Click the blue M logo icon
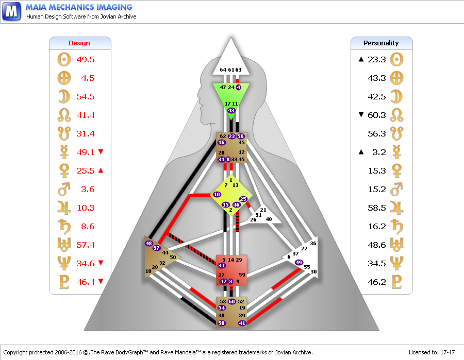pyautogui.click(x=11, y=11)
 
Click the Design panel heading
pyautogui.click(x=79, y=43)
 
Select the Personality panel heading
pyautogui.click(x=381, y=43)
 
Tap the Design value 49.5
pyautogui.click(x=86, y=59)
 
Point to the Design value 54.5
pyautogui.click(x=86, y=97)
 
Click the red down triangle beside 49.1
pyautogui.click(x=101, y=151)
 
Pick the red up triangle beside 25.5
pyautogui.click(x=101, y=170)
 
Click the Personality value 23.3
pyautogui.click(x=377, y=59)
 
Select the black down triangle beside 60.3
pyautogui.click(x=361, y=114)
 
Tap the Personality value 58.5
pyautogui.click(x=377, y=208)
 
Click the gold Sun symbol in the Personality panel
pyautogui.click(x=396, y=59)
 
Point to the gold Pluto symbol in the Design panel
pyautogui.click(x=64, y=282)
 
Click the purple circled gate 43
pyautogui.click(x=231, y=110)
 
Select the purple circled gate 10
pyautogui.click(x=217, y=195)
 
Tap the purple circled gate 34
pyautogui.click(x=222, y=265)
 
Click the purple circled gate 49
pyautogui.click(x=299, y=262)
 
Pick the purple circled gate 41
pyautogui.click(x=242, y=323)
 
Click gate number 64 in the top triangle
pyautogui.click(x=223, y=70)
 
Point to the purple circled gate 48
pyautogui.click(x=148, y=243)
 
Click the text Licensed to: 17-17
pyautogui.click(x=432, y=352)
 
